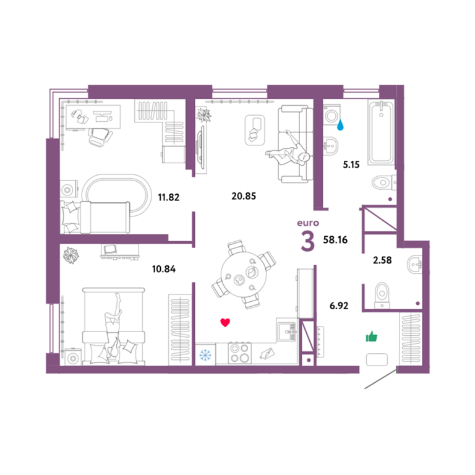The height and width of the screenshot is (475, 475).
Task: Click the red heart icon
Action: click(225, 323)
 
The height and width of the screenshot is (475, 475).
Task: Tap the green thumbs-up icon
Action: click(372, 336)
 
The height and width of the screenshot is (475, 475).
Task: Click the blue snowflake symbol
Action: click(205, 355)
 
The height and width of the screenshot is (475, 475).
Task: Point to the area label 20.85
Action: click(244, 196)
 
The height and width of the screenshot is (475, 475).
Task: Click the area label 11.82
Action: click(168, 197)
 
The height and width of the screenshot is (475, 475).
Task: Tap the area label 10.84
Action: click(163, 269)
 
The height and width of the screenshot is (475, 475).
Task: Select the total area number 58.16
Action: click(335, 240)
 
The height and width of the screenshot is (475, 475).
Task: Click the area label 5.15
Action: click(351, 165)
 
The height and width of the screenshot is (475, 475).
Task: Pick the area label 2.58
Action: click(382, 260)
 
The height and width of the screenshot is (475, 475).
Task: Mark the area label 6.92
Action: click(339, 306)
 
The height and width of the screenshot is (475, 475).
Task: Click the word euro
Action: click(308, 223)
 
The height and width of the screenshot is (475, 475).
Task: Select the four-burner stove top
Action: click(239, 353)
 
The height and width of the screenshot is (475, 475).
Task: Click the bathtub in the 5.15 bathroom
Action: click(381, 132)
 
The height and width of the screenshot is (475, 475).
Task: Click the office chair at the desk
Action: click(100, 137)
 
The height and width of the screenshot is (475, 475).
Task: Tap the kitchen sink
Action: click(286, 330)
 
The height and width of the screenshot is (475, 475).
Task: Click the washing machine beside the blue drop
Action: click(332, 115)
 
